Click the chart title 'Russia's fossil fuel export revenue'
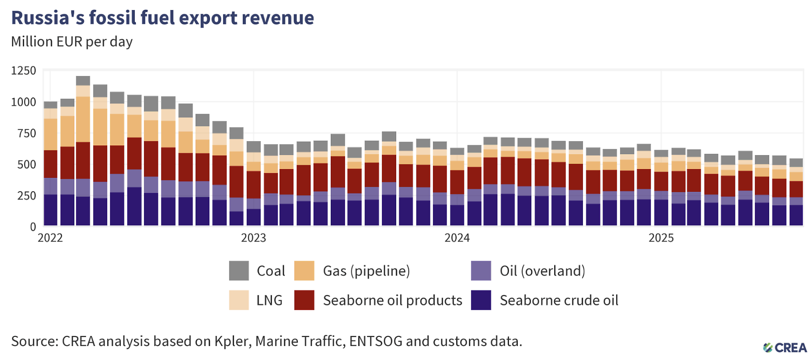click(x=163, y=18)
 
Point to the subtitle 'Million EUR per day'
click(x=72, y=42)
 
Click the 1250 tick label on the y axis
click(x=24, y=71)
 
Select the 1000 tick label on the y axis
click(x=24, y=102)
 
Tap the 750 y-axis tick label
click(x=27, y=133)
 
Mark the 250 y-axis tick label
click(x=27, y=196)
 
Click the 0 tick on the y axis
click(x=33, y=227)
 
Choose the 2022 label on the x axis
click(x=50, y=238)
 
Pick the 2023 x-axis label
click(x=253, y=238)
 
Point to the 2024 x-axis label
click(x=457, y=238)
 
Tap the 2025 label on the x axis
click(x=661, y=238)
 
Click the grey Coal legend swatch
click(x=239, y=271)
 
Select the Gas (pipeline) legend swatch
click(x=304, y=271)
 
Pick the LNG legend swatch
click(x=239, y=300)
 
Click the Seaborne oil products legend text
click(x=392, y=300)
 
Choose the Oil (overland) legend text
click(x=542, y=271)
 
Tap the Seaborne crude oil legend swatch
click(x=481, y=300)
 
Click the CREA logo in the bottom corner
click(x=785, y=348)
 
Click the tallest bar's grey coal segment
click(x=83, y=81)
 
